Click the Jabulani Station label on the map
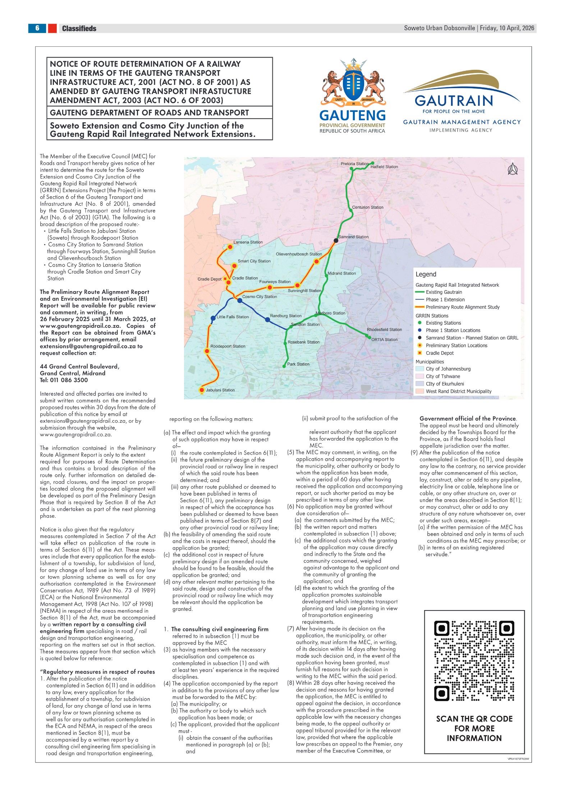[220, 390]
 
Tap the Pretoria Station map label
[354, 164]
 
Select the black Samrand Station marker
[336, 240]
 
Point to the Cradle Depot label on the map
[209, 279]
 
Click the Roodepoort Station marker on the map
[207, 351]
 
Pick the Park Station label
[298, 364]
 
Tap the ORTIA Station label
[384, 340]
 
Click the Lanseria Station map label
[248, 242]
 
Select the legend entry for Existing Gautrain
[444, 292]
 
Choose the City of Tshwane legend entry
[443, 376]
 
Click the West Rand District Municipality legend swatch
[419, 391]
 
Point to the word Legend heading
[426, 274]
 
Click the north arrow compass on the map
[513, 169]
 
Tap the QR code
[474, 661]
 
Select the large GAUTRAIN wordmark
[454, 101]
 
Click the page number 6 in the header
[37, 28]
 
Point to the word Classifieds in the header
[79, 28]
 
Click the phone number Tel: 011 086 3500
[64, 380]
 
